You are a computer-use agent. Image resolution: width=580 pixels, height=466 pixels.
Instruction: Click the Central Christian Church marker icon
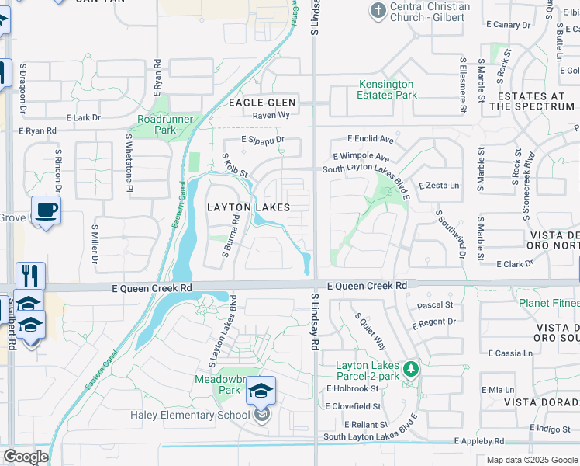coord(378,11)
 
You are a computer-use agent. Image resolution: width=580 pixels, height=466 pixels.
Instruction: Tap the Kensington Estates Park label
coord(386,89)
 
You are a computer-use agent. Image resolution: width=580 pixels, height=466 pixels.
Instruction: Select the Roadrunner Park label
coord(167,124)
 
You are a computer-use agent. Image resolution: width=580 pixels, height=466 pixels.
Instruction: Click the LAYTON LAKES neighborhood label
coord(248,207)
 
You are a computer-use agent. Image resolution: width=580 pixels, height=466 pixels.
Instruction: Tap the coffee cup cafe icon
coord(46,210)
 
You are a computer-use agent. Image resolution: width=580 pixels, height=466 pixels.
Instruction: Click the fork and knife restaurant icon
coord(30,276)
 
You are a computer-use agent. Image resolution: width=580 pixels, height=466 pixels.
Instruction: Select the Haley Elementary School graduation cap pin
coord(261,391)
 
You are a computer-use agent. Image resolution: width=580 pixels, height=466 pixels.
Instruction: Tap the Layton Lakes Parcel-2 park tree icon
coord(413,367)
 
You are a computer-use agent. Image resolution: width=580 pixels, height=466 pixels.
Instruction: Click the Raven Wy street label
coord(271,115)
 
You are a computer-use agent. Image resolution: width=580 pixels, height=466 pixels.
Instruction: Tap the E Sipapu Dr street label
coord(263,140)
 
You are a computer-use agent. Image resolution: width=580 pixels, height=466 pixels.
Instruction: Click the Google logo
coord(25,457)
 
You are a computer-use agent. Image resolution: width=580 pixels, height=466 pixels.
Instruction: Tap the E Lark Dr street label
coord(84,117)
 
